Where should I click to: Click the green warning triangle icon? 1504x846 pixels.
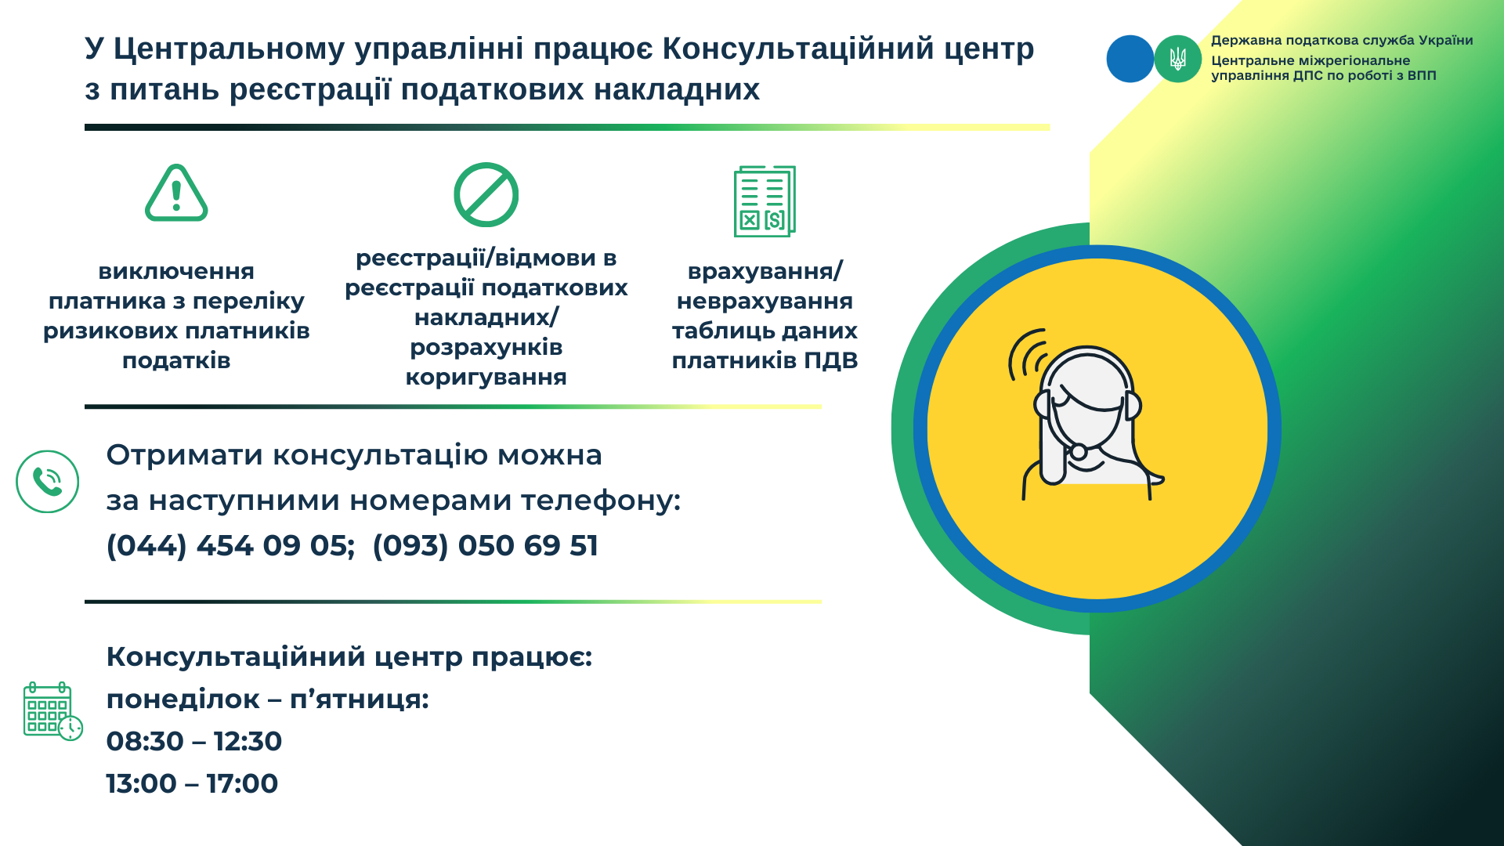(x=176, y=193)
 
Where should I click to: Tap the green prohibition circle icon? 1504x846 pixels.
(x=486, y=195)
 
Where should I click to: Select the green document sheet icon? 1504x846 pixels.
(x=765, y=201)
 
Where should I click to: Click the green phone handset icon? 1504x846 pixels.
(x=48, y=482)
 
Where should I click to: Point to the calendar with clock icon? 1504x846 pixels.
(x=52, y=711)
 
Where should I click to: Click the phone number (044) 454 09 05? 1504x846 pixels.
(x=230, y=546)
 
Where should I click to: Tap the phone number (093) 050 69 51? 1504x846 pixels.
(x=486, y=546)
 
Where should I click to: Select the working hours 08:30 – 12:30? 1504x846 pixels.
(x=194, y=741)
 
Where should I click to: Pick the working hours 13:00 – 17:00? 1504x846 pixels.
(x=192, y=783)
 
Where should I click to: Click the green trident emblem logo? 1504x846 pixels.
(x=1177, y=59)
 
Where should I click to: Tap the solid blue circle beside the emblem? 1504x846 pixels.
(x=1130, y=59)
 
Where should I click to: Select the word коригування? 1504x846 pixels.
(x=486, y=378)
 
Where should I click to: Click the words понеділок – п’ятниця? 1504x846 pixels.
(x=268, y=699)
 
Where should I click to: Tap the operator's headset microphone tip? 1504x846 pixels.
(x=1079, y=451)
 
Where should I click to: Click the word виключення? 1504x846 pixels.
(x=176, y=272)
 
